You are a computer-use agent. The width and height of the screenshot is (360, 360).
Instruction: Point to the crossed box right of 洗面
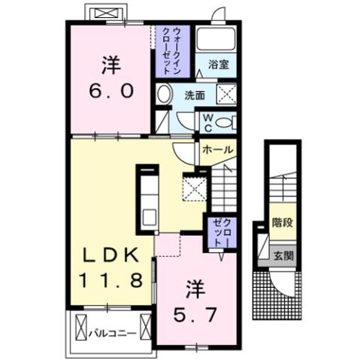[226, 94]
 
